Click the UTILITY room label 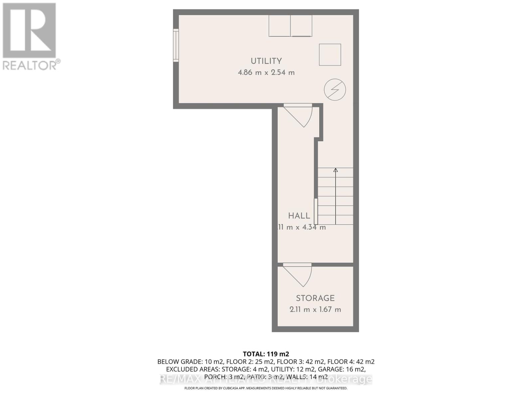point(266,61)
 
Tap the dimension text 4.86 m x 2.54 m point(266,72)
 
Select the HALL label point(299,216)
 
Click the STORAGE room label point(315,298)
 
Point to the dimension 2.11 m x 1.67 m point(315,310)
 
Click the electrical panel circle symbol point(335,89)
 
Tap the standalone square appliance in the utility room point(330,55)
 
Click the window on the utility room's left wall point(176,45)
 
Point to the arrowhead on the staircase point(335,170)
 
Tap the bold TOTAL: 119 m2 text point(266,354)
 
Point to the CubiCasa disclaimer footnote point(266,388)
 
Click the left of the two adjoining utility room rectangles point(279,26)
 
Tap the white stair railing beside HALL point(316,211)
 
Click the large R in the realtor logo point(29,31)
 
